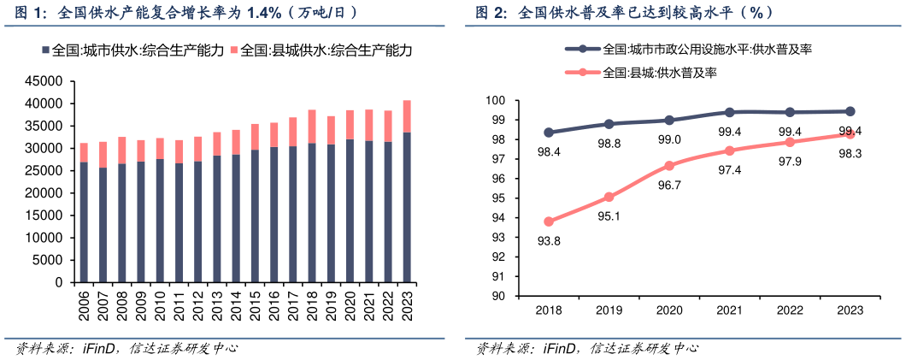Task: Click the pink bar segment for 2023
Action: [406, 116]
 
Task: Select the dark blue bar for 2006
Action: [84, 221]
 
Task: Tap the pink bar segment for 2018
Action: [312, 127]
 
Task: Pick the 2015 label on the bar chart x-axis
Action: [256, 305]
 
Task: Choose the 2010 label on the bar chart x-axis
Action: [160, 305]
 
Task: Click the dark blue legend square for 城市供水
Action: [45, 51]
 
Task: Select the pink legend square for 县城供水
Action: [234, 51]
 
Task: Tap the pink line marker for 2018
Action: [549, 221]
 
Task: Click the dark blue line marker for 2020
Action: [669, 121]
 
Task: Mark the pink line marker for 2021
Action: [729, 150]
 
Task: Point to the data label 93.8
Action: [549, 241]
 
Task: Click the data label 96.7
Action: [669, 185]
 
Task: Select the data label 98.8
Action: [609, 144]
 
